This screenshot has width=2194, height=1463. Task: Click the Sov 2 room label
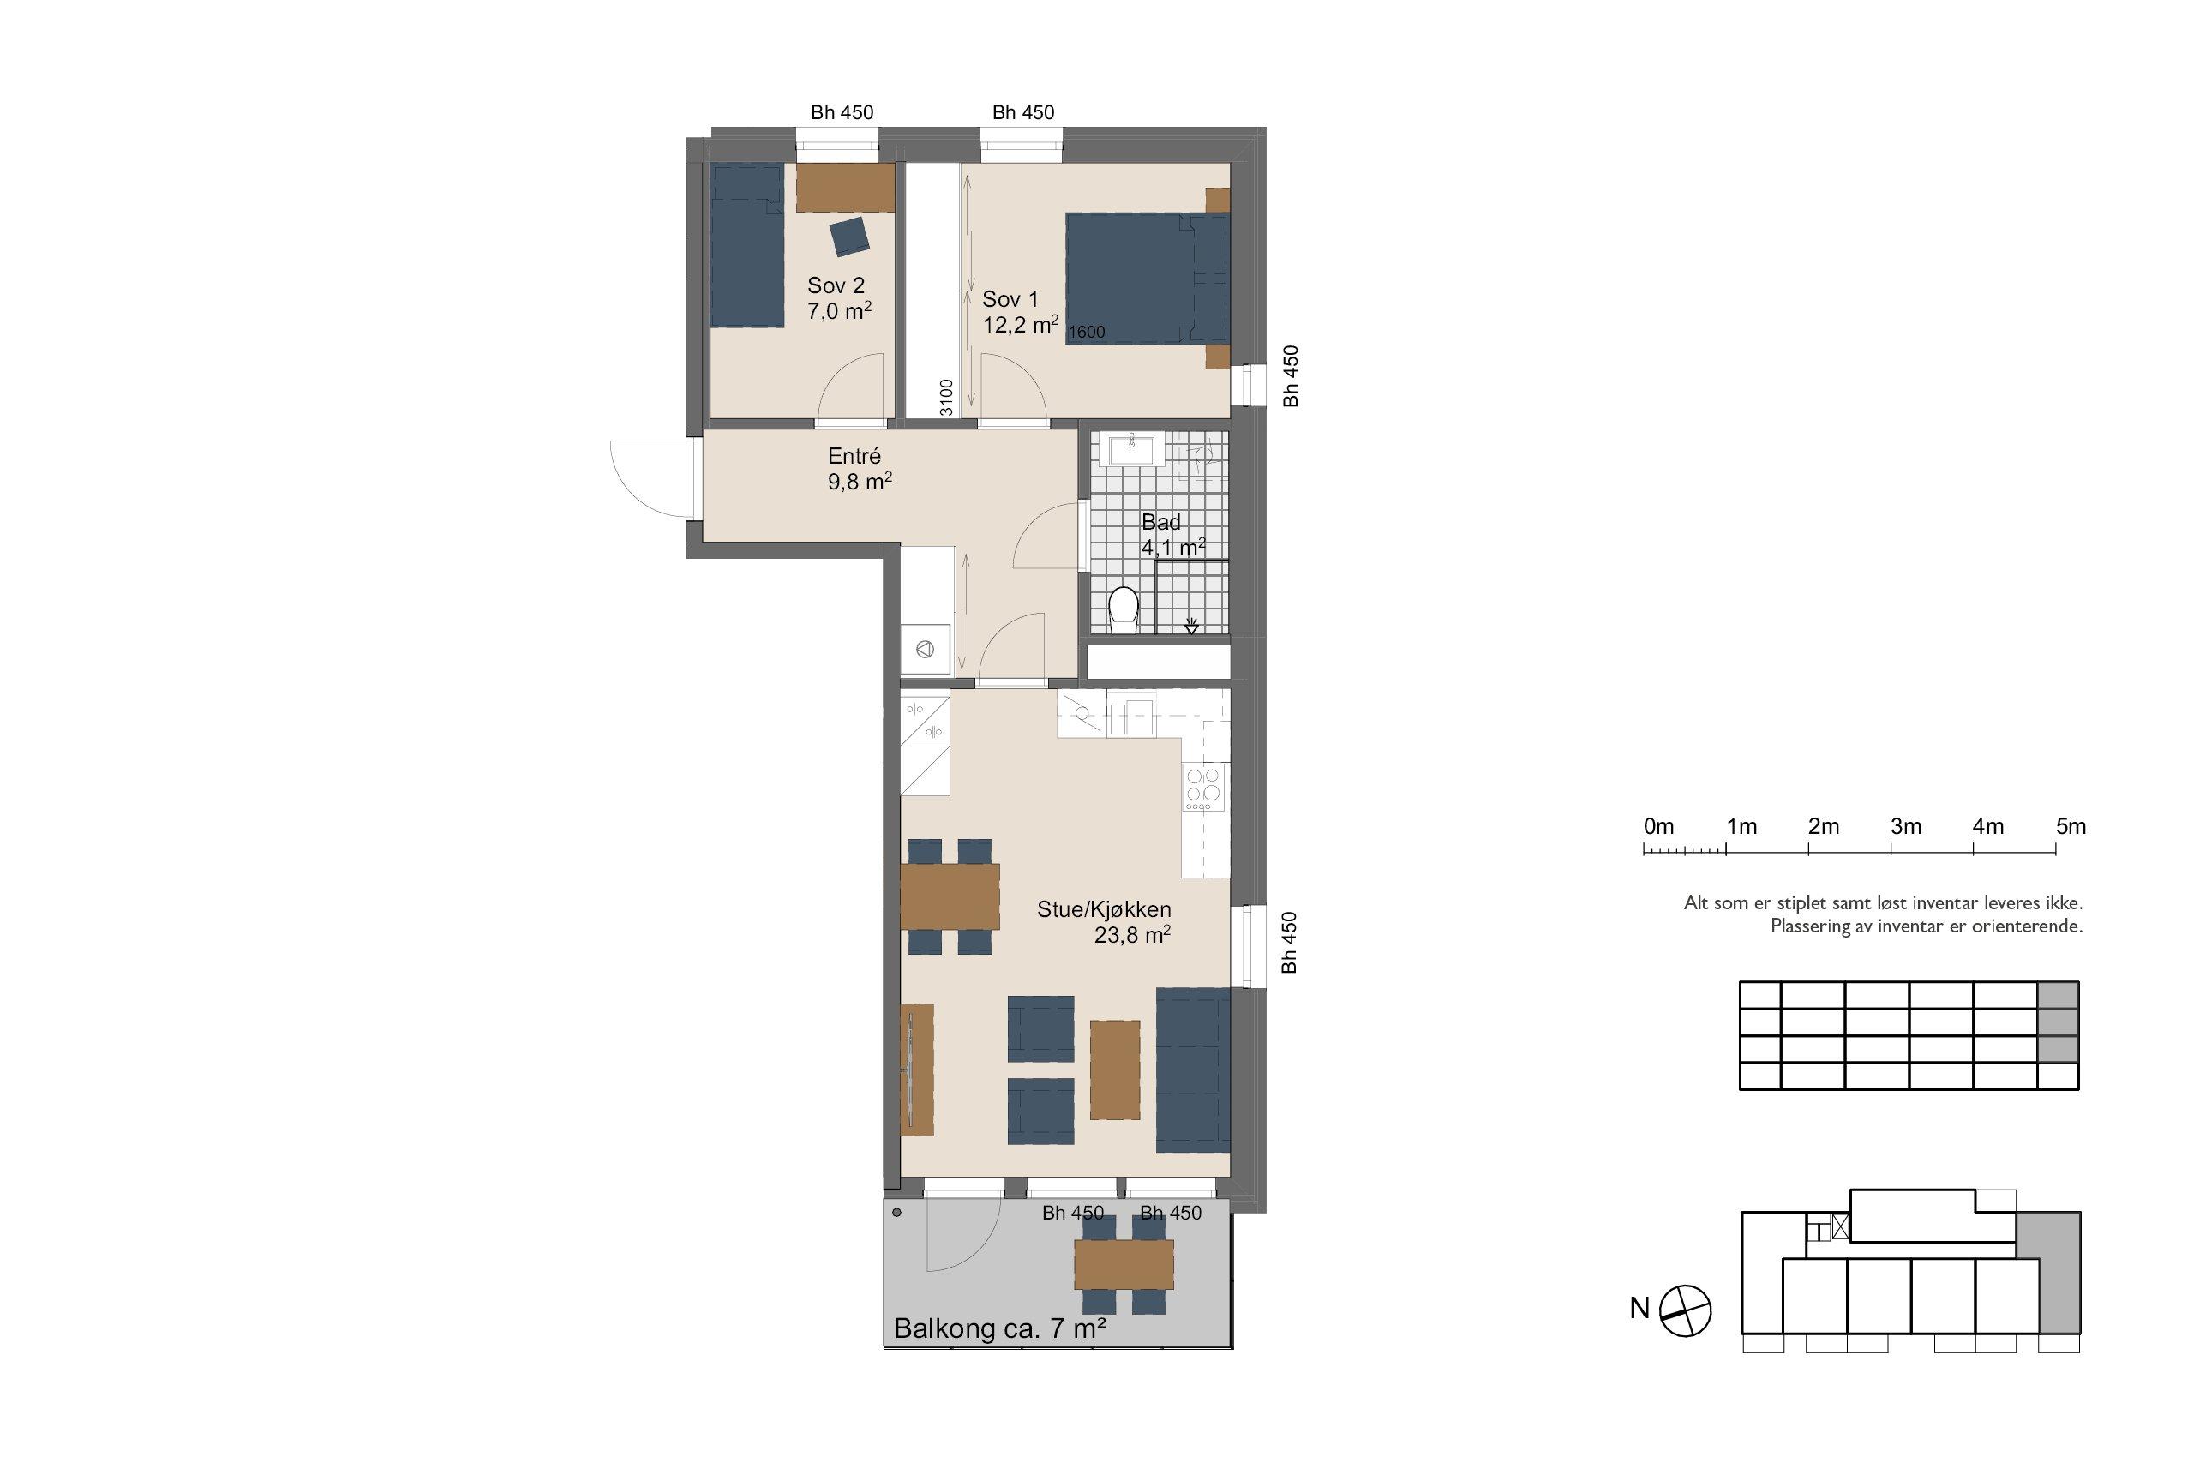836,285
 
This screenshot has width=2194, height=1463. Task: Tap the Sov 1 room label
1010,299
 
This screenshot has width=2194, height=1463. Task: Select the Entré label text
854,456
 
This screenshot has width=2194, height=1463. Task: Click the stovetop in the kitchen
1204,787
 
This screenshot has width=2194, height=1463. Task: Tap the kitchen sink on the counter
1131,717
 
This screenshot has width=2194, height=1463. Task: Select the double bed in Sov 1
1148,278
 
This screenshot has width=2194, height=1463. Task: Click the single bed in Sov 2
746,246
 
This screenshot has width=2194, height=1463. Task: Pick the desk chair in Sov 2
850,236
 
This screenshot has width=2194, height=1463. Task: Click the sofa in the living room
1193,1070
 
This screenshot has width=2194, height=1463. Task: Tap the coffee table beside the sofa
1115,1070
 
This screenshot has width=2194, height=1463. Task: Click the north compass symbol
1687,1312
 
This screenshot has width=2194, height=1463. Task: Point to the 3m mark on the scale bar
1891,849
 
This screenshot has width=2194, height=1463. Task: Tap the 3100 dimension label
946,397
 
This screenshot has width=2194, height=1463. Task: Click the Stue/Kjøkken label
1104,909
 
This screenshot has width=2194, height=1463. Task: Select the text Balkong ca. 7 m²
1000,1328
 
